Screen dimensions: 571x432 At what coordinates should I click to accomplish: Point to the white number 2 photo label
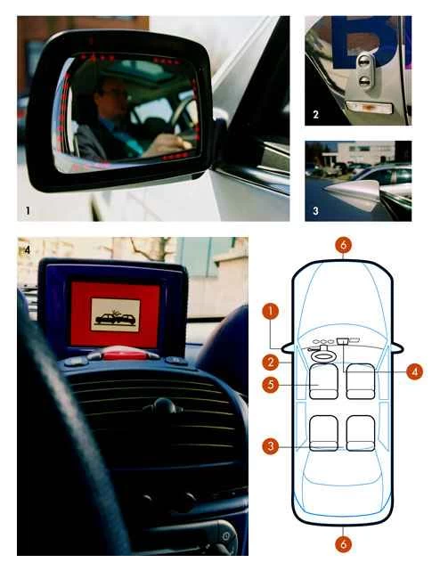pos(315,114)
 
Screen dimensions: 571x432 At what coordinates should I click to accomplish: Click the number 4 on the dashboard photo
pos(28,249)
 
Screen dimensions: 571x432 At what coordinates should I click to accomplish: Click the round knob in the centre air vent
pos(163,407)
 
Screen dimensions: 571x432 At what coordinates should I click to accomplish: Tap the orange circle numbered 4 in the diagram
pos(413,371)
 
